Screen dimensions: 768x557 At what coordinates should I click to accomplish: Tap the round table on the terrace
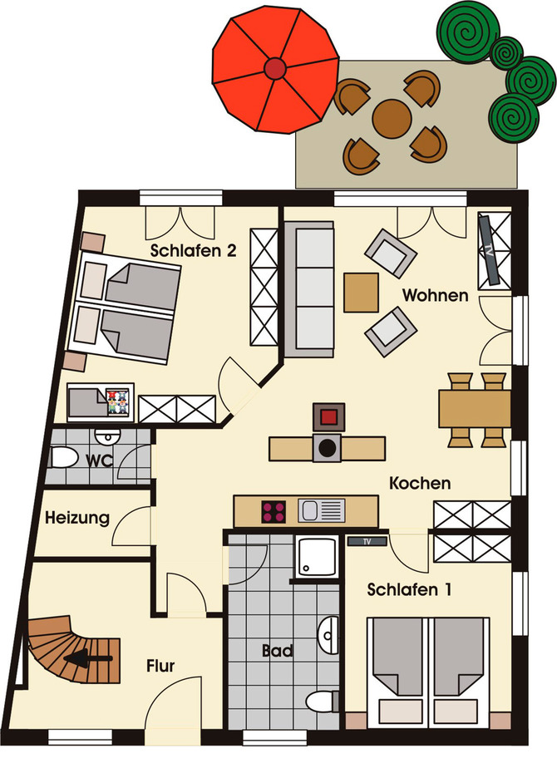[x=390, y=118]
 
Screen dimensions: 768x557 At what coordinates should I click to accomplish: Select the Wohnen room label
[x=435, y=295]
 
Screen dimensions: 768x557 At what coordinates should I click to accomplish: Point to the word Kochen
[x=420, y=482]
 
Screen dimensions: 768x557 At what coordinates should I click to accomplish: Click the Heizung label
[x=77, y=518]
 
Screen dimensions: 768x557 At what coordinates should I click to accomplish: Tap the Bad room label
[x=277, y=651]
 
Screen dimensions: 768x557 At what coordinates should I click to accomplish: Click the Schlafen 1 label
[x=410, y=590]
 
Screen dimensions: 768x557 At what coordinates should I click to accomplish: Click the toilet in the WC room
[x=63, y=457]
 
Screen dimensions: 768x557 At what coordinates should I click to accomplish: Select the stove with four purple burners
[x=274, y=511]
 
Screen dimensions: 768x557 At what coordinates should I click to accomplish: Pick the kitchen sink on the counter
[x=321, y=511]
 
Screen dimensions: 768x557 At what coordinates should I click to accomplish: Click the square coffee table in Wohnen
[x=361, y=293]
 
